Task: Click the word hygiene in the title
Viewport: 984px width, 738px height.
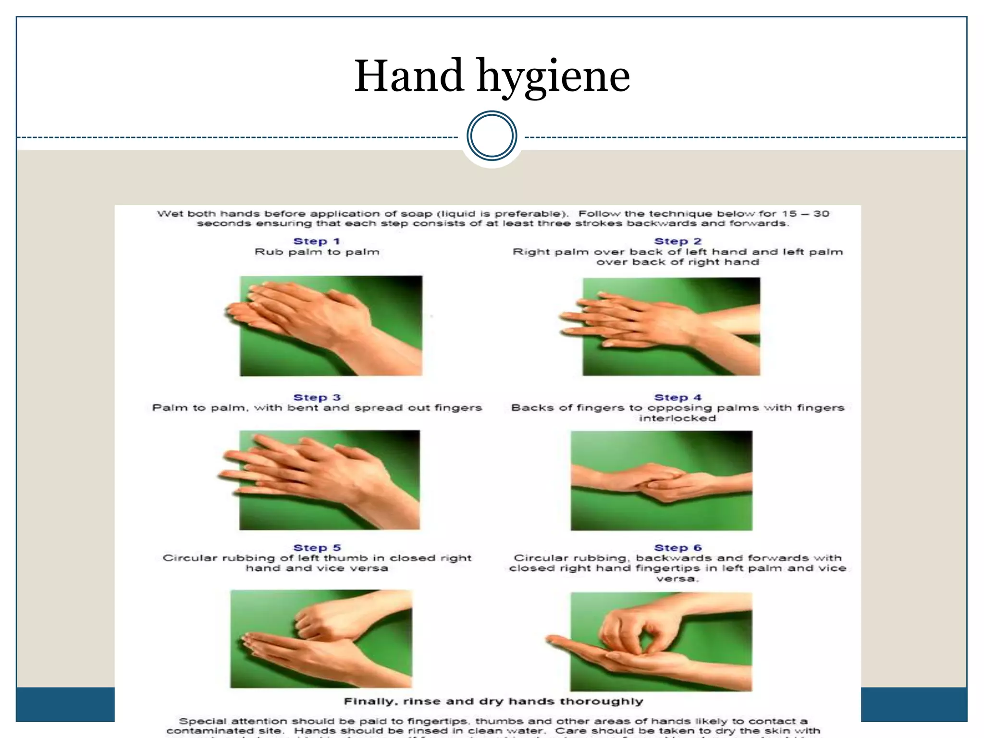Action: click(553, 77)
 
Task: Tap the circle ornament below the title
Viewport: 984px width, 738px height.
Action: click(492, 136)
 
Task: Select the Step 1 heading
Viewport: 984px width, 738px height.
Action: click(317, 241)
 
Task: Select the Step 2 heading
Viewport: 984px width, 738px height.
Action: click(677, 241)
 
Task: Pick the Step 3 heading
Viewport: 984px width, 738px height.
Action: click(317, 397)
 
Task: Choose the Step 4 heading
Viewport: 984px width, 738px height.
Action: click(677, 397)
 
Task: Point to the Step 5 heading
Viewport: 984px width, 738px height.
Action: click(317, 548)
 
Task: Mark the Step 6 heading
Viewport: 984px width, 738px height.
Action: click(677, 548)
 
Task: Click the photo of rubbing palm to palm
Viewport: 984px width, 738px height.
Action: click(331, 325)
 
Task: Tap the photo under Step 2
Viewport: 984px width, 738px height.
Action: click(671, 326)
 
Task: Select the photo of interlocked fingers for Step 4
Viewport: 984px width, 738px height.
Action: click(661, 480)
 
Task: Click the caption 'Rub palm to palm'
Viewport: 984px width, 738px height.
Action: click(317, 252)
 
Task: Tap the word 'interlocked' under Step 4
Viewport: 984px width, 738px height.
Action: click(677, 418)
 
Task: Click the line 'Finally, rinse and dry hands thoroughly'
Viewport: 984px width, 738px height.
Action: click(493, 701)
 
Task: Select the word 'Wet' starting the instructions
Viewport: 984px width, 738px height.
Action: click(170, 214)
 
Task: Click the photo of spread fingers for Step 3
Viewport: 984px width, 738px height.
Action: click(329, 480)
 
